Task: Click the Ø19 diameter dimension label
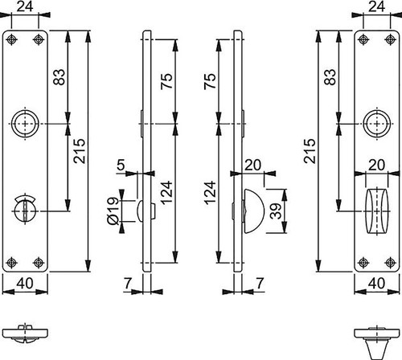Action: [113, 211]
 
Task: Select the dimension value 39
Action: [276, 211]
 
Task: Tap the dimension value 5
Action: [121, 165]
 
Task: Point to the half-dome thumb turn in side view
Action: [253, 211]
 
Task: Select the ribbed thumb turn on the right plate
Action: [377, 211]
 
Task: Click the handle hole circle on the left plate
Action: [25, 124]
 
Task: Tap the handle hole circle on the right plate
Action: [377, 124]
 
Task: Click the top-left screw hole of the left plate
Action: [11, 39]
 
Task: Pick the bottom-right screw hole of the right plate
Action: [391, 263]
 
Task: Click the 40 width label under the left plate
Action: [25, 283]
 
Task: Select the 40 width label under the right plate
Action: [376, 283]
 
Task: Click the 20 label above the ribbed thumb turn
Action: [376, 165]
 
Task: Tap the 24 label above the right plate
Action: [376, 6]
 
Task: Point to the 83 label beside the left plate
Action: [59, 77]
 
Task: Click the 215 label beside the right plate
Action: [310, 151]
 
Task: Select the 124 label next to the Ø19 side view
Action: [166, 193]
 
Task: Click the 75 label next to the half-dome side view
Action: [210, 81]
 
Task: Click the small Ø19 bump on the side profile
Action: [140, 211]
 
